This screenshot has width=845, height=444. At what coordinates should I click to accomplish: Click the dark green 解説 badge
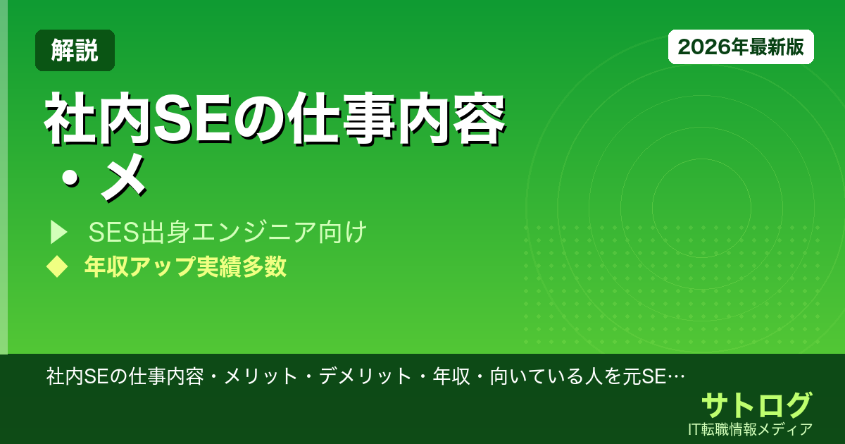click(75, 50)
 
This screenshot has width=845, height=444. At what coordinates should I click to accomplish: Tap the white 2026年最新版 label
click(741, 47)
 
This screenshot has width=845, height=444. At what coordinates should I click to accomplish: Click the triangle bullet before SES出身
click(58, 232)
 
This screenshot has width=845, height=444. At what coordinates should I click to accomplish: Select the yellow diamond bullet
click(56, 266)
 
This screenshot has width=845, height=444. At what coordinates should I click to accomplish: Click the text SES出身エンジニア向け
click(227, 232)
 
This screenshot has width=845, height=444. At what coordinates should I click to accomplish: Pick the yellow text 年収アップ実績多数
click(185, 266)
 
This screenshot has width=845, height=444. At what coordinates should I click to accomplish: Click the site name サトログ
click(756, 405)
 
